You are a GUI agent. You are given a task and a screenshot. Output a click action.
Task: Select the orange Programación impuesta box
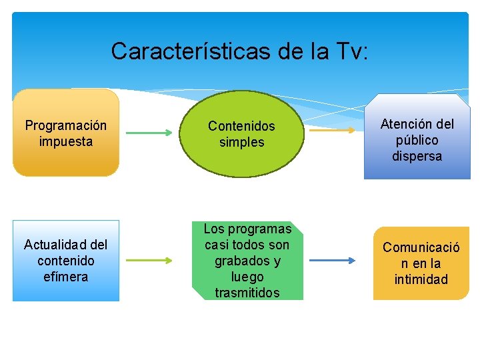tap(66, 133)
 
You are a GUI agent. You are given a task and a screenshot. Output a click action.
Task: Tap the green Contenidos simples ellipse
tap(241, 133)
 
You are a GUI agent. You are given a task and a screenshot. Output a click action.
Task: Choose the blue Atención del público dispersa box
tap(417, 140)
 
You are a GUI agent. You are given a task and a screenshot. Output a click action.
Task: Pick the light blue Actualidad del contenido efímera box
tap(65, 261)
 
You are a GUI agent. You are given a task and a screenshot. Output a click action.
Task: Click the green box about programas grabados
tap(247, 261)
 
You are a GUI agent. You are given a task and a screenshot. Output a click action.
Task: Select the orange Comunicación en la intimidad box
tap(421, 263)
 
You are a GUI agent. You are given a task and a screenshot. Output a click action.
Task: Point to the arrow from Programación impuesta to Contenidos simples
tap(148, 133)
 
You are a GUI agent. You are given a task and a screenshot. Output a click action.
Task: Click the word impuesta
tap(65, 141)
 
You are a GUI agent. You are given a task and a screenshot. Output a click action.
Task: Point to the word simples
tap(241, 142)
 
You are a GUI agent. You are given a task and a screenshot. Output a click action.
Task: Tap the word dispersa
tap(417, 157)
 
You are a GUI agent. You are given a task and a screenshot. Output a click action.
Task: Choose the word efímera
tap(65, 277)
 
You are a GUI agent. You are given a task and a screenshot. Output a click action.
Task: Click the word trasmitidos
tap(247, 293)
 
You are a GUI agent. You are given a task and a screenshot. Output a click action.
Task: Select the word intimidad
tap(421, 279)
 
